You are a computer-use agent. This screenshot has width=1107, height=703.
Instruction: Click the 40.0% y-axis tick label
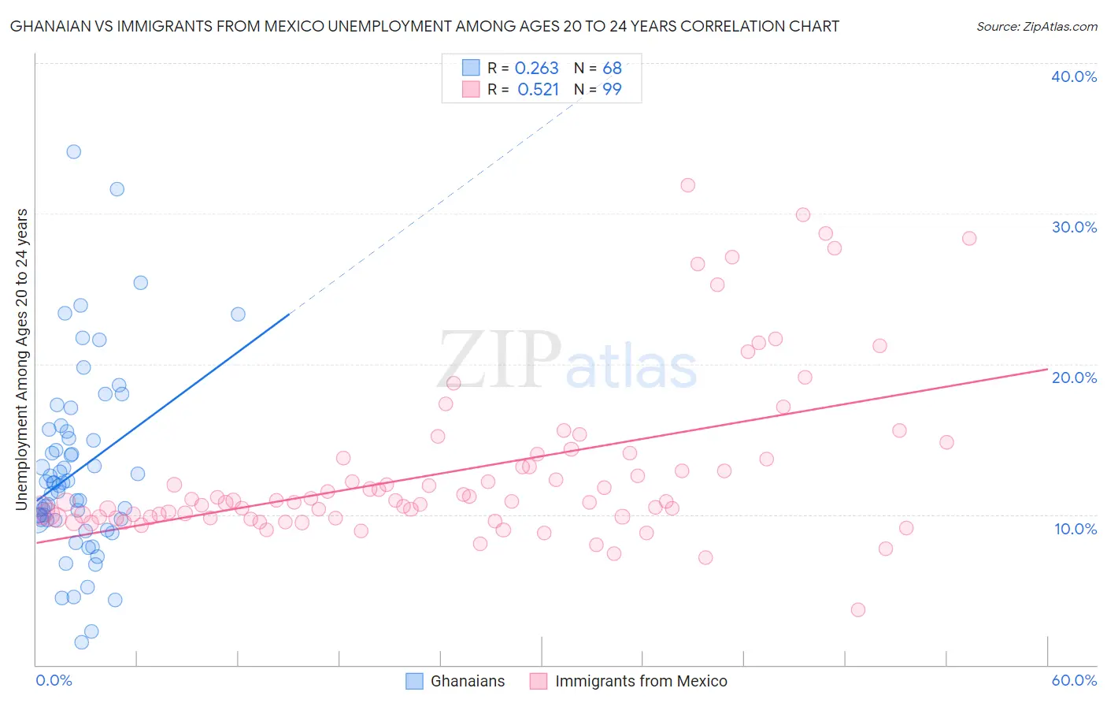coord(1074,76)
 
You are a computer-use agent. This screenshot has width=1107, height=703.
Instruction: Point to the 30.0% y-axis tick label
coord(1074,227)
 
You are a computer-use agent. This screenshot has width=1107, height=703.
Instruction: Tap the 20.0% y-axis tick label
coord(1074,378)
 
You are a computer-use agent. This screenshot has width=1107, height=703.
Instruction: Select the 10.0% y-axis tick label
coord(1076,529)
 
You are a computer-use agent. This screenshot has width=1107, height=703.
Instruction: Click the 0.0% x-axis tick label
coord(54,680)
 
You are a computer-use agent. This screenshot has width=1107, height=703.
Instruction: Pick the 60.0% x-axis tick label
coord(1074,680)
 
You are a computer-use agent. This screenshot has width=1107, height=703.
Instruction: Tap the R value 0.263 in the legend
coord(536,69)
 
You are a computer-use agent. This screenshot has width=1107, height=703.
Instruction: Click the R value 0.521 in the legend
coord(538,90)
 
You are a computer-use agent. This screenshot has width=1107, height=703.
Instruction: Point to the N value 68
coord(612,69)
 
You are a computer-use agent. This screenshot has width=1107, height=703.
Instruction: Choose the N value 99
coord(612,90)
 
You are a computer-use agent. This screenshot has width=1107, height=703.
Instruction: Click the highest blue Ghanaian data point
coord(73,151)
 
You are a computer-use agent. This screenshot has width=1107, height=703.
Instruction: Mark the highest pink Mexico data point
coord(687,185)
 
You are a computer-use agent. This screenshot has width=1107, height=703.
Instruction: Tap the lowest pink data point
coord(858,609)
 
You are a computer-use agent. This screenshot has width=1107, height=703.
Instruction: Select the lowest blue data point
coord(81,642)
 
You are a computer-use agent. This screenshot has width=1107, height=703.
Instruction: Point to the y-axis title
coord(22,359)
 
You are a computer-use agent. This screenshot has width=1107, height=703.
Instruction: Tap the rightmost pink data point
coord(969,238)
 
